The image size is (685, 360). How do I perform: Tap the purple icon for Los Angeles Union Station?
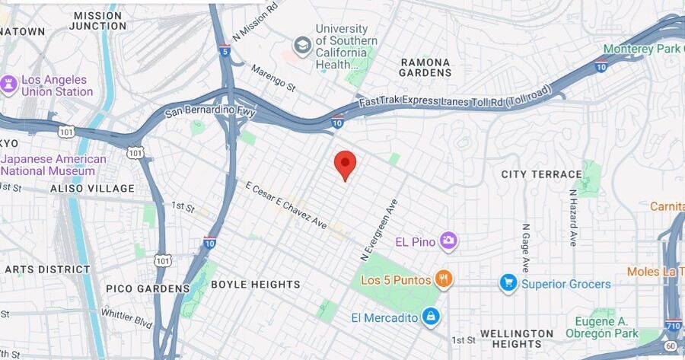click(x=9, y=84)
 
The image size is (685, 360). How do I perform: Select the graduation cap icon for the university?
click(x=303, y=46)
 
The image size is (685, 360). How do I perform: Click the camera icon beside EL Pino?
click(x=448, y=242)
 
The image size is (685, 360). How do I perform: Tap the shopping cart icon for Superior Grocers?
click(x=508, y=284)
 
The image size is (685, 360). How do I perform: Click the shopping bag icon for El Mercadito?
click(x=431, y=316)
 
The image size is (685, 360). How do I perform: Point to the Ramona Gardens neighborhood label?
click(x=425, y=67)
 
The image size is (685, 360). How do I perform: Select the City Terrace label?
click(x=541, y=174)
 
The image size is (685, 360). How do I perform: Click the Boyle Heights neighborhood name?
click(x=255, y=284)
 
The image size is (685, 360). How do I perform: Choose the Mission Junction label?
click(x=98, y=21)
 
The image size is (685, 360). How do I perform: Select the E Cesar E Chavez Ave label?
click(x=285, y=205)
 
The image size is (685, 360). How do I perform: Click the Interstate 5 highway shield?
click(x=224, y=51)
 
